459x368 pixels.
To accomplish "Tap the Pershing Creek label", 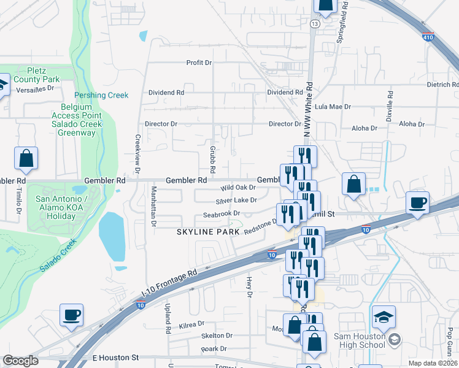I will [101, 95].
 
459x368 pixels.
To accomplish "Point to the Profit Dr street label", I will [199, 63].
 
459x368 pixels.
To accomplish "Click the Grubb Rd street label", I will [212, 159].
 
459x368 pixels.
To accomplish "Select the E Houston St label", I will [116, 357].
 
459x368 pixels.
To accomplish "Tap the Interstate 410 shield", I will [428, 37].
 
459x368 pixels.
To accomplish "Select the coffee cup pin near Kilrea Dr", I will [72, 315].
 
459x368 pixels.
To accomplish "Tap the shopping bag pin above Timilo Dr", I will [26, 158].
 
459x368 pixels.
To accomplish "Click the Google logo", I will [21, 361].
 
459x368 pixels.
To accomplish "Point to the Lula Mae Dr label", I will [332, 107].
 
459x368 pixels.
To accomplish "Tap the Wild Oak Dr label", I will [237, 188].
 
